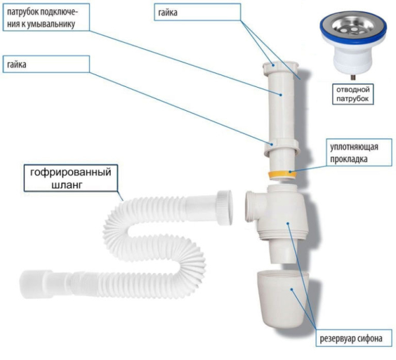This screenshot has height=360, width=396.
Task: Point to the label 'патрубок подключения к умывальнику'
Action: click(42, 18)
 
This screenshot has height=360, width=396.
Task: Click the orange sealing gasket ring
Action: click(282, 175)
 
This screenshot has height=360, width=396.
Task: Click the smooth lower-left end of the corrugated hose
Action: click(40, 278)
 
